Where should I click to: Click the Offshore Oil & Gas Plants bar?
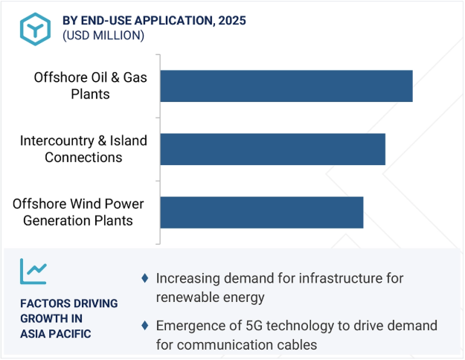click(286, 86)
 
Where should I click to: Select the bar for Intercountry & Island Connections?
click(273, 150)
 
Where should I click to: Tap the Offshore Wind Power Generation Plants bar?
click(262, 212)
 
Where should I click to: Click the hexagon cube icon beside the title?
click(35, 29)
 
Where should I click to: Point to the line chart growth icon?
click(33, 271)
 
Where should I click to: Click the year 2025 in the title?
click(232, 21)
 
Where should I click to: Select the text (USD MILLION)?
click(103, 36)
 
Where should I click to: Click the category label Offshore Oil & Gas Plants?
click(91, 86)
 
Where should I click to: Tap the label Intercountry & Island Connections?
click(83, 149)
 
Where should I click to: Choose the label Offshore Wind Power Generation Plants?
click(78, 212)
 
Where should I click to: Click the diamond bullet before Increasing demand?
click(145, 278)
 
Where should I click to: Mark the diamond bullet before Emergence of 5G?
click(145, 325)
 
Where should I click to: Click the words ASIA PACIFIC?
click(56, 334)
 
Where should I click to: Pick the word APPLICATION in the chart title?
click(175, 21)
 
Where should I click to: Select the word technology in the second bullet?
click(300, 327)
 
